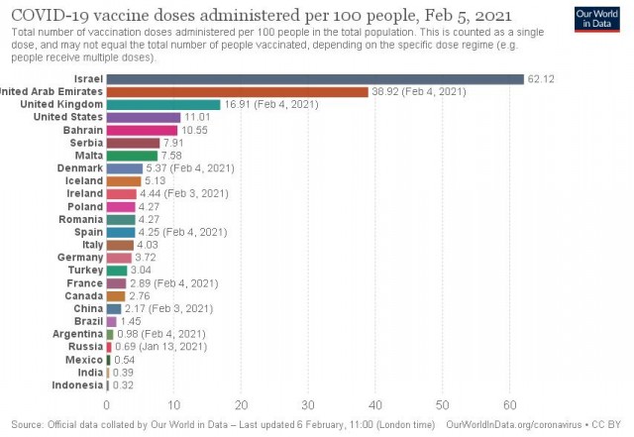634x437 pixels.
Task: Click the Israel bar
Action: (315, 79)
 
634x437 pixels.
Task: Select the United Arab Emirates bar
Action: (238, 92)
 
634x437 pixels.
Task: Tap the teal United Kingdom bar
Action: (163, 104)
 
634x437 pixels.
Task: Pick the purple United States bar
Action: (144, 117)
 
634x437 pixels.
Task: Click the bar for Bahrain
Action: (142, 130)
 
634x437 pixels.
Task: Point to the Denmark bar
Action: (125, 168)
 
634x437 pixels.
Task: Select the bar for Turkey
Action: (117, 271)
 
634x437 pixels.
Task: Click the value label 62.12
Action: (541, 79)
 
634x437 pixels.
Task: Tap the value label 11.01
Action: (197, 117)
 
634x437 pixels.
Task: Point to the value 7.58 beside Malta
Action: (171, 156)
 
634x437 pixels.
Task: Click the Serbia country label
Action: (86, 143)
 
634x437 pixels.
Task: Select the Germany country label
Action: (80, 258)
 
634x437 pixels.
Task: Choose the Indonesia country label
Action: (77, 385)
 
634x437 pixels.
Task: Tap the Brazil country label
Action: (88, 321)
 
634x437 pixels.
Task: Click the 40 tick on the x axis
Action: (375, 405)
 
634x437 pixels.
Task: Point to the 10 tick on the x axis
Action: (174, 405)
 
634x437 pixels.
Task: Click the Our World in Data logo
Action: (596, 19)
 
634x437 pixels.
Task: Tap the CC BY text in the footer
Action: (606, 424)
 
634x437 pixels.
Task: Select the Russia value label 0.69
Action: (126, 347)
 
